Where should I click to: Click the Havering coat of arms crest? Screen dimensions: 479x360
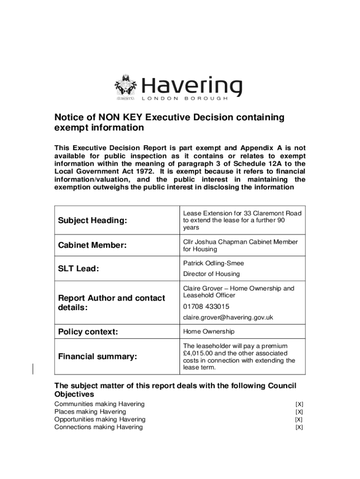125,87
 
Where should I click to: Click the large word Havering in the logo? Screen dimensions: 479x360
192,86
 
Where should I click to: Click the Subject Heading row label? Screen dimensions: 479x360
92,220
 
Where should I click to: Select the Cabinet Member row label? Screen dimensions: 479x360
93,246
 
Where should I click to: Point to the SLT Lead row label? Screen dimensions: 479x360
78,269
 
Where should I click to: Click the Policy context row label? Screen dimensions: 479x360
88,332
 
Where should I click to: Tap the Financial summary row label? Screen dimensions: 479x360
98,357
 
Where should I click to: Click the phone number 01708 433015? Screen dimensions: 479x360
206,307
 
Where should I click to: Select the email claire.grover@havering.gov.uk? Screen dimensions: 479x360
228,318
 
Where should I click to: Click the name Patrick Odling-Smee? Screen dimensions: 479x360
214,263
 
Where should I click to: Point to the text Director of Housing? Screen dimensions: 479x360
211,274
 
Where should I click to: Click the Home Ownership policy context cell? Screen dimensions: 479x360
209,332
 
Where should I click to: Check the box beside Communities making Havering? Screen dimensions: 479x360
299,404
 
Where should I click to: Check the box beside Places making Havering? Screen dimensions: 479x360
299,412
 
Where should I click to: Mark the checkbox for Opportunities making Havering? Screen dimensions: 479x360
299,420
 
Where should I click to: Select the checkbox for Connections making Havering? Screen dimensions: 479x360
299,427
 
